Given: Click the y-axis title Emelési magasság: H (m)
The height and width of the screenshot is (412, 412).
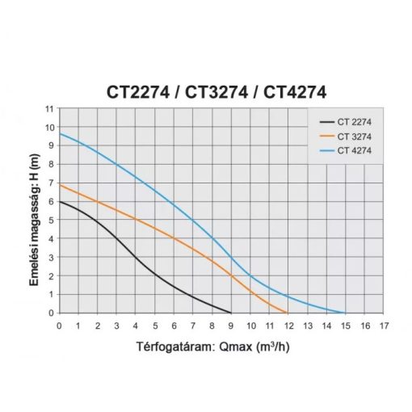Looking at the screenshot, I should pyautogui.click(x=31, y=210).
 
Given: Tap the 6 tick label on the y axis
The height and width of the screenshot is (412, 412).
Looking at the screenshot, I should pyautogui.click(x=49, y=202).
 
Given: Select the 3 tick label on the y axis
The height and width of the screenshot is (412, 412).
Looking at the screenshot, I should pyautogui.click(x=49, y=258).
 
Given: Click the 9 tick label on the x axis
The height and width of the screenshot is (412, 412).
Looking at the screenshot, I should pyautogui.click(x=231, y=326).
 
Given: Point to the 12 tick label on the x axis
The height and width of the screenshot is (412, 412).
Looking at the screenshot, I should pyautogui.click(x=288, y=326).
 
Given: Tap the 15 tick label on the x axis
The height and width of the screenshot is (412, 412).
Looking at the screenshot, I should pyautogui.click(x=346, y=326).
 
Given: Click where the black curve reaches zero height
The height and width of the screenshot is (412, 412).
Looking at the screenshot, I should pyautogui.click(x=231, y=313).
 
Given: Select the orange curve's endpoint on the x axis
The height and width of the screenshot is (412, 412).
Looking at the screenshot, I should pyautogui.click(x=288, y=313).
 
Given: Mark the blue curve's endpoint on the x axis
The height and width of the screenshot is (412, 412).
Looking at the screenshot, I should pyautogui.click(x=346, y=313).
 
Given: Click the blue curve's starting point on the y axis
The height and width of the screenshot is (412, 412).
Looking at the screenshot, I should pyautogui.click(x=60, y=133).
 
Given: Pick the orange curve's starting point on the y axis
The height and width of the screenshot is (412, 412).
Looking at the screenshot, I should pyautogui.click(x=60, y=185).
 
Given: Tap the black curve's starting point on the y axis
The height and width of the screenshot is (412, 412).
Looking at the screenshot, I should pyautogui.click(x=60, y=202).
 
